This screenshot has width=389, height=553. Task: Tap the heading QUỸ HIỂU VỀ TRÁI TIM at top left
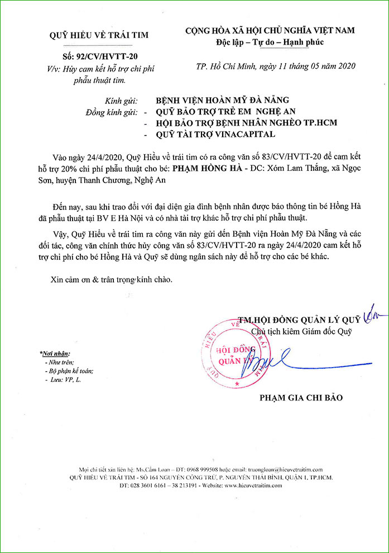click(99, 36)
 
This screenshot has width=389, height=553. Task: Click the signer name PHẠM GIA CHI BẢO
click(301, 398)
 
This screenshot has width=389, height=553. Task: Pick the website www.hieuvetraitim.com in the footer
click(253, 486)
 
